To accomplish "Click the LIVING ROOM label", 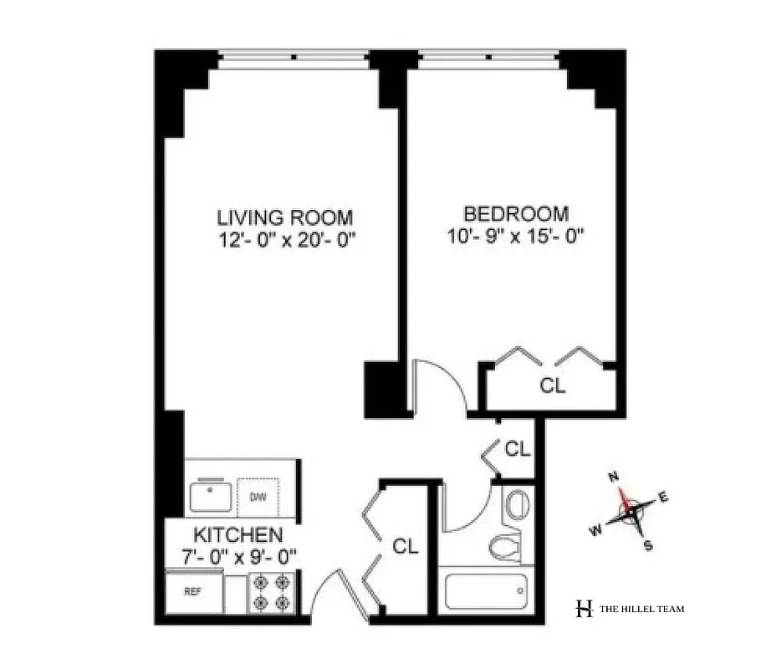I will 284,217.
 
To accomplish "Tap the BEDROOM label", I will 516,214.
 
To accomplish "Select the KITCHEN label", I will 237,534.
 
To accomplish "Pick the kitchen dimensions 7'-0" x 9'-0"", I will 237,554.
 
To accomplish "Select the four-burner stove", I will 273,592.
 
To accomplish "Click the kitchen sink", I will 210,497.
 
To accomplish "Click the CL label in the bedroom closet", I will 553,386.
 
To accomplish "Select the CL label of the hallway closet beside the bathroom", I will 518,449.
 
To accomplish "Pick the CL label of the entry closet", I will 406,547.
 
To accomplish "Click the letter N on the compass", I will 613,477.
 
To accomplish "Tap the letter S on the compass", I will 646,545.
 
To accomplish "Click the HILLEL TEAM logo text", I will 642,609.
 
